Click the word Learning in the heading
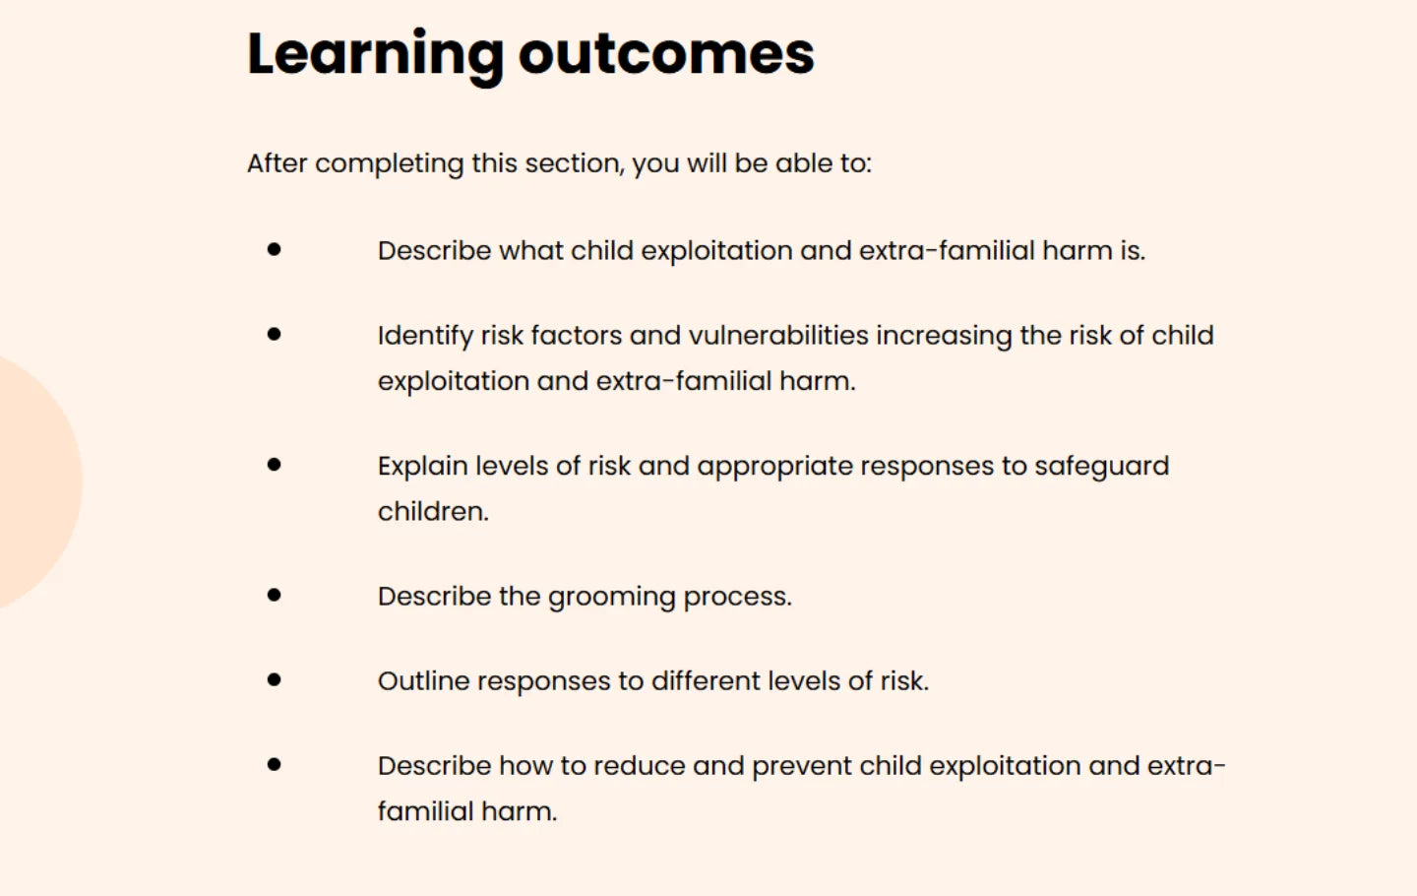(x=375, y=54)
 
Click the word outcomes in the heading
(x=666, y=54)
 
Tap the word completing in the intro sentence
(x=389, y=163)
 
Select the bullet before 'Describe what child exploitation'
(x=274, y=250)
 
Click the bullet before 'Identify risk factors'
(x=274, y=335)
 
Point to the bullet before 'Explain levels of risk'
(x=274, y=465)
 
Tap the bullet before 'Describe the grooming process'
(x=274, y=595)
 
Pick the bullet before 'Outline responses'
(x=274, y=679)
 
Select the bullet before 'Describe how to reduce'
(x=274, y=764)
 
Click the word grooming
(x=611, y=598)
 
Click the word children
(x=433, y=512)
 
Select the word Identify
(x=425, y=337)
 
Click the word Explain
(x=422, y=467)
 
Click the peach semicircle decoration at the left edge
(x=34, y=482)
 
